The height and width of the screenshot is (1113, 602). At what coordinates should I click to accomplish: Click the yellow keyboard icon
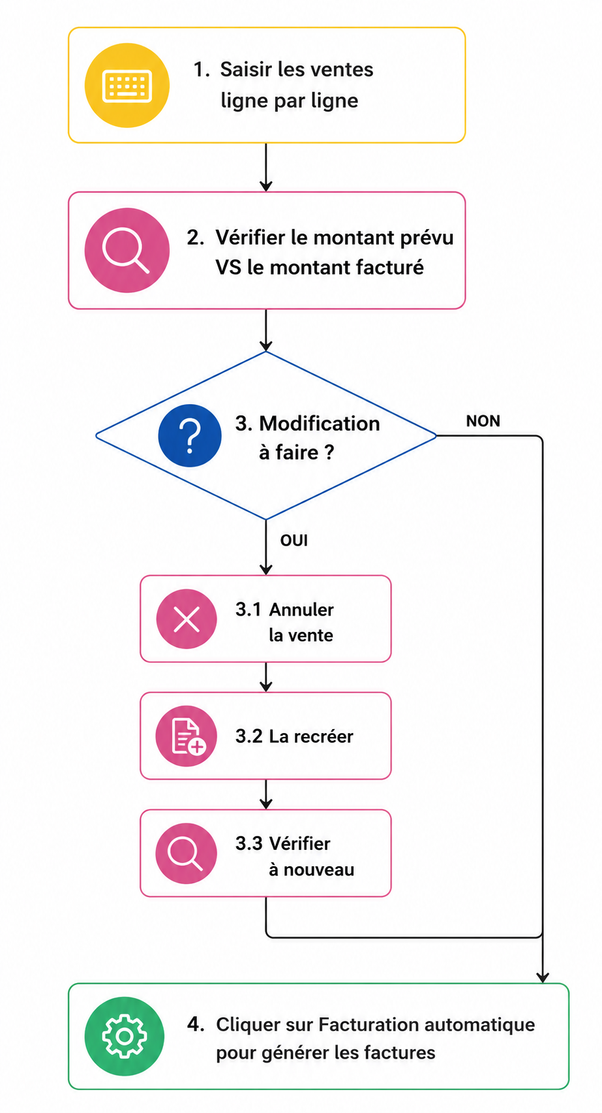[x=127, y=86]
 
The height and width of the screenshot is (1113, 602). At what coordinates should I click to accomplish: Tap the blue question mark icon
[x=190, y=436]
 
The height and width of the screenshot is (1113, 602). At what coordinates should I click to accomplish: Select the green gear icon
[x=125, y=1037]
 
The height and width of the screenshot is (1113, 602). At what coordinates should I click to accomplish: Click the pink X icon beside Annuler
[x=187, y=619]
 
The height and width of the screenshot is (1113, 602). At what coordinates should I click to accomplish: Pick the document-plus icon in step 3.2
[x=187, y=736]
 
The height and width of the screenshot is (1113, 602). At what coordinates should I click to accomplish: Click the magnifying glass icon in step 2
[x=127, y=251]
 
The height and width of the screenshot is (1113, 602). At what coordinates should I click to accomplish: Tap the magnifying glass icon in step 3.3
[x=187, y=854]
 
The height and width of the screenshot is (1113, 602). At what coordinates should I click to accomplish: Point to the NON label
[x=483, y=421]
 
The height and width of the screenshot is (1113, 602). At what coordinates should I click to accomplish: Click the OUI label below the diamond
[x=293, y=541]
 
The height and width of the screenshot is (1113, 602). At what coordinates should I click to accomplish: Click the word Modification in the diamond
[x=320, y=424]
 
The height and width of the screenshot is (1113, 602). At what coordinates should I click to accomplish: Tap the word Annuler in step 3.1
[x=301, y=610]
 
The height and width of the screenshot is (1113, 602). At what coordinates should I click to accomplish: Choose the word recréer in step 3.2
[x=324, y=736]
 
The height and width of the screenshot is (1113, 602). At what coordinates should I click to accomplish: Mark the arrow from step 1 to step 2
[x=266, y=168]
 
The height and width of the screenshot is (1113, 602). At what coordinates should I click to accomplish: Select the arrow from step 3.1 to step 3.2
[x=266, y=677]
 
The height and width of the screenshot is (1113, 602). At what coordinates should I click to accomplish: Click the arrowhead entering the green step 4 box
[x=543, y=977]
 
